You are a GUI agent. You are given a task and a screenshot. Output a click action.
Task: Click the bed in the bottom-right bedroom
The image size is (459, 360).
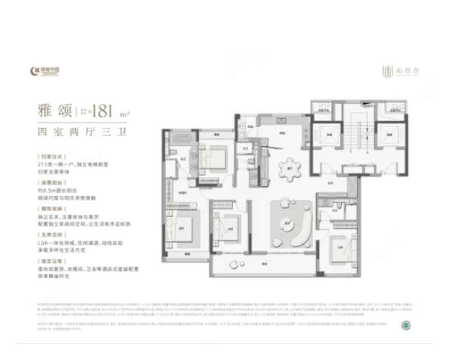[345, 250]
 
